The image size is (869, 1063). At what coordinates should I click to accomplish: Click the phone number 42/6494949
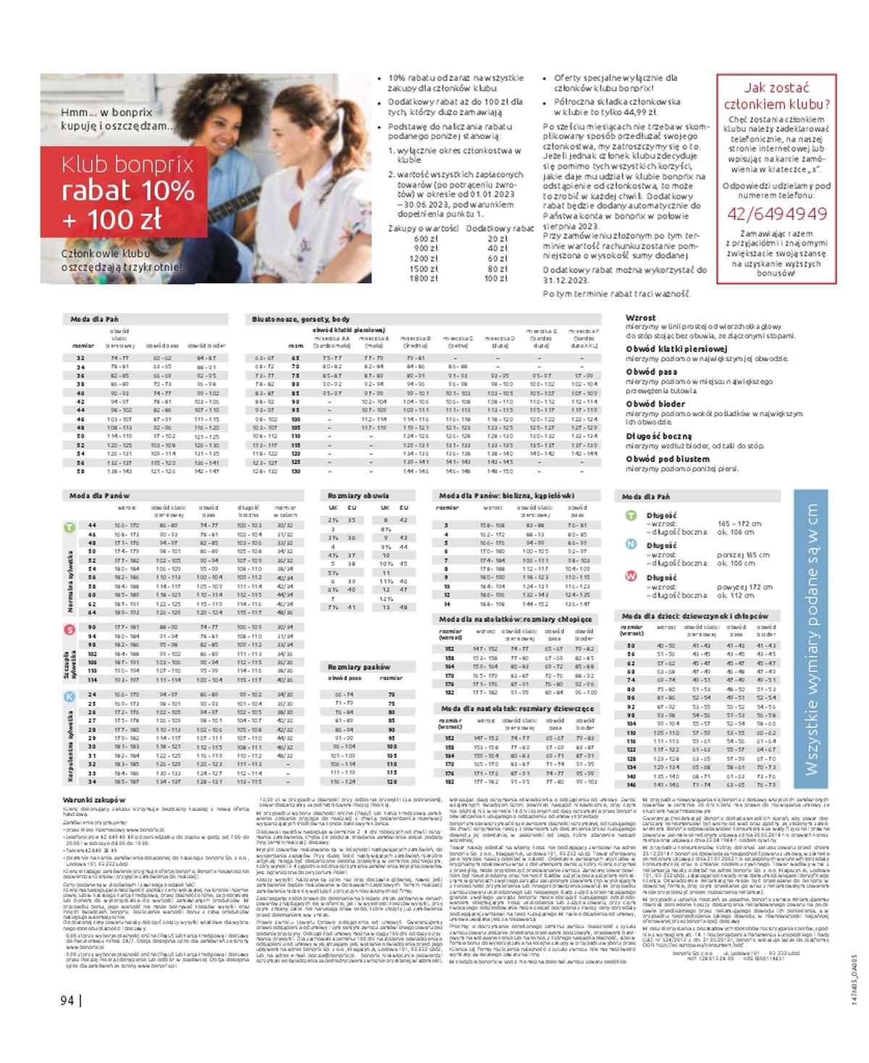pos(777,214)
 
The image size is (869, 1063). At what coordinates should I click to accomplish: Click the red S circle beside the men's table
pos(70,629)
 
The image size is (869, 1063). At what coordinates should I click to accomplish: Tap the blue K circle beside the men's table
pos(70,697)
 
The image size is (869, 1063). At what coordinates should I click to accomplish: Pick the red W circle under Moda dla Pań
pos(631,578)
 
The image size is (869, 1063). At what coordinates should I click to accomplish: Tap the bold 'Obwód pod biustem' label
pos(668,459)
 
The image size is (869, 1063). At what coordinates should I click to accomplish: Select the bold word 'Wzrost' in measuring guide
pos(640,318)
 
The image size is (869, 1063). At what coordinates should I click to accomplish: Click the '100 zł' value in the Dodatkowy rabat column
pos(496,278)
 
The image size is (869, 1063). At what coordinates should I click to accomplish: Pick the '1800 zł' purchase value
pos(424,278)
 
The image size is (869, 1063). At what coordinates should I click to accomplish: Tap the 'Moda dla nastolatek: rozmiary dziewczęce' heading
pos(517,708)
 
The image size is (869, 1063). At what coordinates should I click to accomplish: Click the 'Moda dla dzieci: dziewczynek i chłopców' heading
pos(696,615)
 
